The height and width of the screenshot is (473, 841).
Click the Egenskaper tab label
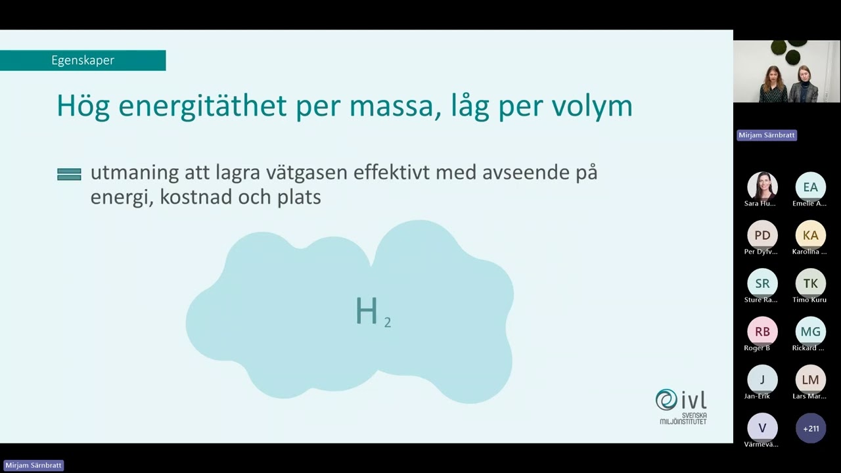pyautogui.click(x=83, y=60)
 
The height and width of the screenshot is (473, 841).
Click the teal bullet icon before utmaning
pyautogui.click(x=69, y=174)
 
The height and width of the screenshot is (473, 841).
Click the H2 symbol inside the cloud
pyautogui.click(x=372, y=312)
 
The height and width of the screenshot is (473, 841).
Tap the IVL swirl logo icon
pyautogui.click(x=666, y=399)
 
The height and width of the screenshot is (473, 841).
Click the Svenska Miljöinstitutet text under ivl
pyautogui.click(x=684, y=418)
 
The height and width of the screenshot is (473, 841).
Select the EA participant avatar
pyautogui.click(x=810, y=187)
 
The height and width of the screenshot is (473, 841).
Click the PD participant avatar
pyautogui.click(x=762, y=235)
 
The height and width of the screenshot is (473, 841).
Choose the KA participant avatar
pyautogui.click(x=810, y=235)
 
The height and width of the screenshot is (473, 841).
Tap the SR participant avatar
pyautogui.click(x=762, y=283)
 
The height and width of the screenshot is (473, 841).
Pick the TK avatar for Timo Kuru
pyautogui.click(x=810, y=283)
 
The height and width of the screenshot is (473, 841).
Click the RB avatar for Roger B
pyautogui.click(x=762, y=331)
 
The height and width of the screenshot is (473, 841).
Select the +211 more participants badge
pyautogui.click(x=810, y=428)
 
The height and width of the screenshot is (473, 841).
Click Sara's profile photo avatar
pyautogui.click(x=762, y=187)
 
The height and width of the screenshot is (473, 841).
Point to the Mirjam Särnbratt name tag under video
pyautogui.click(x=767, y=135)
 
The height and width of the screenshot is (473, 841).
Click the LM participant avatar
pyautogui.click(x=810, y=380)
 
